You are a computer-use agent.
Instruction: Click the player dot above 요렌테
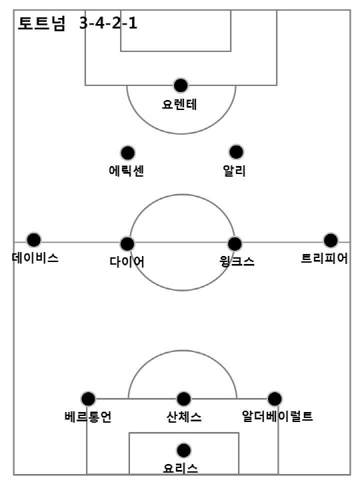tap(181, 85)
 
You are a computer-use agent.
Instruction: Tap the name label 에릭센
tap(127, 171)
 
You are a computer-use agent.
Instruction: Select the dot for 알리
tap(236, 152)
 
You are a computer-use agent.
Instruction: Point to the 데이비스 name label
tap(35, 258)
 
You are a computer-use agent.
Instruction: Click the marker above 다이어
tap(127, 244)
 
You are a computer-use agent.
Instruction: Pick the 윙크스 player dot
tap(235, 244)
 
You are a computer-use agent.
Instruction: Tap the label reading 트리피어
tap(324, 259)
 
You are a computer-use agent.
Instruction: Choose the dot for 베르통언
tap(88, 399)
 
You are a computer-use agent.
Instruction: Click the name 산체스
tap(184, 417)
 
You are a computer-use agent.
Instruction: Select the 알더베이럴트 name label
tap(277, 416)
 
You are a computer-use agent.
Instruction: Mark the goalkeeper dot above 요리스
tap(184, 450)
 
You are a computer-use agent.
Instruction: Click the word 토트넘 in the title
tap(41, 23)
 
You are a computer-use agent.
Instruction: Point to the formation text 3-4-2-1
tap(108, 23)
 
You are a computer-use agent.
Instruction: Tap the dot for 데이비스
tap(34, 240)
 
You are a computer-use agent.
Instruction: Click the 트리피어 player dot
tap(331, 240)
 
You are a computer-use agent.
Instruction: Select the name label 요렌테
tap(179, 105)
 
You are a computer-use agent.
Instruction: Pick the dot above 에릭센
tap(127, 153)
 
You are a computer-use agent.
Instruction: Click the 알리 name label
tap(235, 171)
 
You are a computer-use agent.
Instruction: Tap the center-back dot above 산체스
tap(184, 399)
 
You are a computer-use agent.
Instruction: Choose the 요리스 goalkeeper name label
tap(181, 469)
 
